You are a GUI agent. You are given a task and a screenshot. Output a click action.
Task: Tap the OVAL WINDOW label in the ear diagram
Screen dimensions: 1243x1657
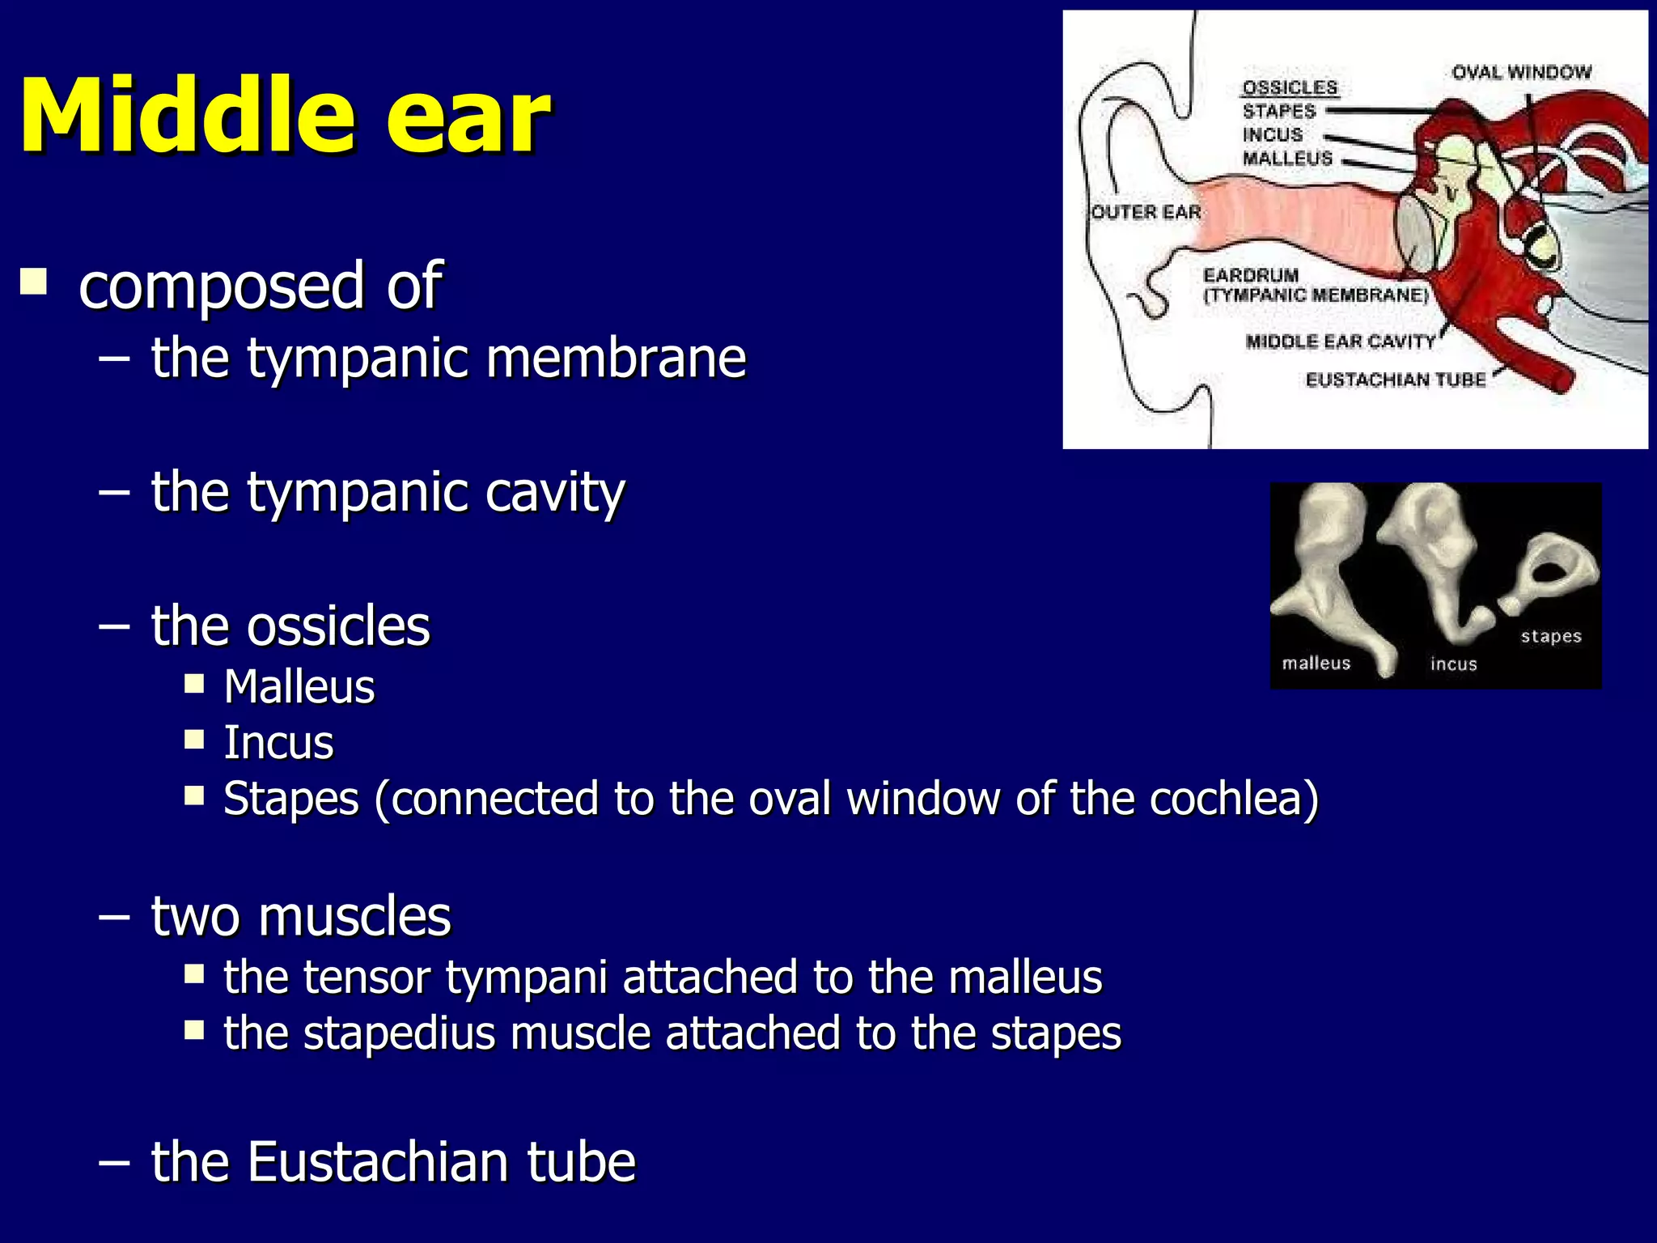(x=1521, y=73)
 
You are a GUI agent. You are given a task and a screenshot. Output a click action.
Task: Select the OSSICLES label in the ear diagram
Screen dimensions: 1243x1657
(x=1290, y=87)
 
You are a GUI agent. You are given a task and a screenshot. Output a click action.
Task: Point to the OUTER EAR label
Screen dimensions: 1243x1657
(x=1146, y=212)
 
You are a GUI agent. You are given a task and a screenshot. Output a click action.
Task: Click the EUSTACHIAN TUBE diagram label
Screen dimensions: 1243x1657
(x=1396, y=380)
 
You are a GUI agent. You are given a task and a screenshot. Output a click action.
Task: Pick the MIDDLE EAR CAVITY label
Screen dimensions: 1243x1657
(x=1340, y=342)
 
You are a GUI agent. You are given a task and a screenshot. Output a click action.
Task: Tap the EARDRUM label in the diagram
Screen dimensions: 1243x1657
(x=1251, y=275)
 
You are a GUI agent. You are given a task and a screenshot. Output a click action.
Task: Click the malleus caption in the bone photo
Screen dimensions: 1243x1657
(x=1316, y=664)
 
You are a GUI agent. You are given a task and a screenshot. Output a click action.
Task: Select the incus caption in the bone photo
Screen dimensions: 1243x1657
(x=1453, y=664)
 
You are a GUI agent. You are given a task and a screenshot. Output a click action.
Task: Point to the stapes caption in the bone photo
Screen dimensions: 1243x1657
(x=1551, y=636)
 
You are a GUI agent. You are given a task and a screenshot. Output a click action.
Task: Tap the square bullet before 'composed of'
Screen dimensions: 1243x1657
(x=33, y=282)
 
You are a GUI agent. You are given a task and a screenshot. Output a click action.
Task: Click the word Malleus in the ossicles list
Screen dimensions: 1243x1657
(x=299, y=687)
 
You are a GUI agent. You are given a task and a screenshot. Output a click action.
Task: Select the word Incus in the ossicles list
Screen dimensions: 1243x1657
(x=278, y=743)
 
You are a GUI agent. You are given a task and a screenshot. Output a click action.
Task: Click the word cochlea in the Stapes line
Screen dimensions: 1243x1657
(x=1234, y=799)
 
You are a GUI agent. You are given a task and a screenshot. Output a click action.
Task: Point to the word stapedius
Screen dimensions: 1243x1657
(x=400, y=1033)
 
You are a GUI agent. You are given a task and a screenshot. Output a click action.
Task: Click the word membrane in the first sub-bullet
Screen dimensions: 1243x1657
(x=616, y=357)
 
